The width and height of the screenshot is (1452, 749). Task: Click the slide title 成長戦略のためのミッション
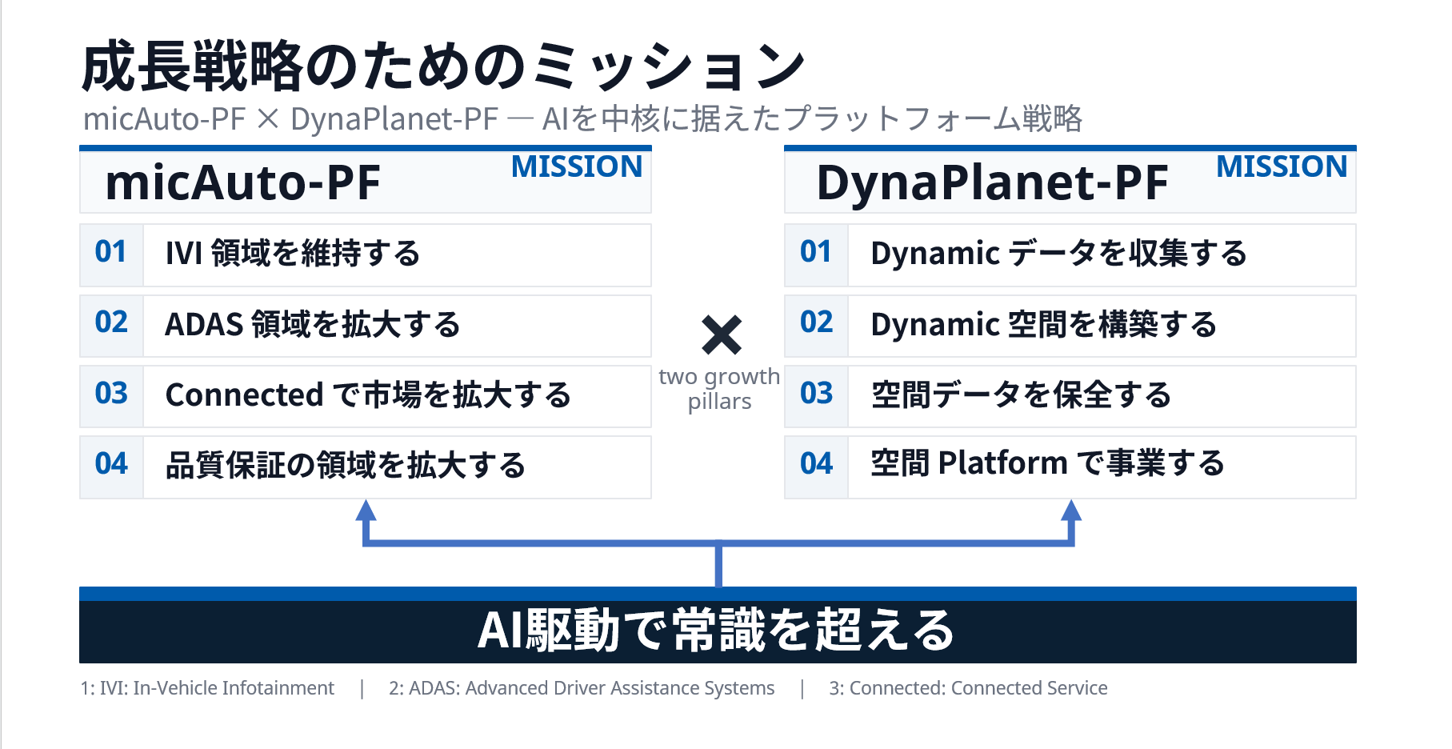443,66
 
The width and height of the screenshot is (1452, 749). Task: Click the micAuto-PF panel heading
242,182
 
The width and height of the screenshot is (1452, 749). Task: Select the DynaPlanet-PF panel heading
992,183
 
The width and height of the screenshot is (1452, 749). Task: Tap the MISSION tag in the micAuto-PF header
577,166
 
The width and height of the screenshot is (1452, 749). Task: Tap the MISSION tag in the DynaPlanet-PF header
1282,166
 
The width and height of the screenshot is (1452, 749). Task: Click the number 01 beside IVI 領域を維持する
110,252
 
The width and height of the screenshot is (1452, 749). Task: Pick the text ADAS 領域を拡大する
312,325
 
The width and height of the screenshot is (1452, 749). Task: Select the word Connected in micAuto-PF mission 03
244,395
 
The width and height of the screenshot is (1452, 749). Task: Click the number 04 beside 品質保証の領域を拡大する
111,464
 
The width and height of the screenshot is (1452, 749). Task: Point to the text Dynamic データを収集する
1058,254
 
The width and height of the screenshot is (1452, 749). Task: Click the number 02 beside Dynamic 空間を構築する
817,322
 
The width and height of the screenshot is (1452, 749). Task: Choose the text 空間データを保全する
1021,395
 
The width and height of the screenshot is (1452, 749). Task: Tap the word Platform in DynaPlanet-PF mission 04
1003,463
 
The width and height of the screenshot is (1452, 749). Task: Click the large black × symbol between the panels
722,334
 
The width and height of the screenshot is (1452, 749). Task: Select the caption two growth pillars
719,388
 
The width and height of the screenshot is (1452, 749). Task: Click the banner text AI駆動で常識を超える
716,630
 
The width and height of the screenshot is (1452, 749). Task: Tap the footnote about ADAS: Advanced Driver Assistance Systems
582,688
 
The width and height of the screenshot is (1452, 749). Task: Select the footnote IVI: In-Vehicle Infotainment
207,688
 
